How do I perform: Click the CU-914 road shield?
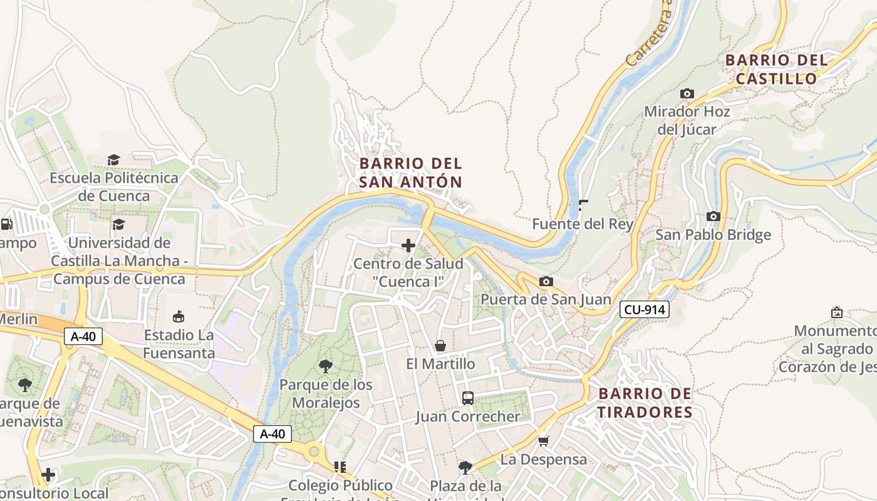pyautogui.click(x=645, y=309)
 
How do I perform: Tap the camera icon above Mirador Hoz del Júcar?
pyautogui.click(x=687, y=93)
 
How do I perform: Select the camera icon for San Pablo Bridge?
pyautogui.click(x=713, y=216)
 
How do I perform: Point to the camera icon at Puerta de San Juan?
pyautogui.click(x=546, y=281)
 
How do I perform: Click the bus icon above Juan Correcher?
pyautogui.click(x=467, y=398)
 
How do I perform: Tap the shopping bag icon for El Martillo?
pyautogui.click(x=440, y=346)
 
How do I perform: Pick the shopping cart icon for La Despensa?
pyautogui.click(x=544, y=441)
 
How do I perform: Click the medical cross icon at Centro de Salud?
pyautogui.click(x=408, y=245)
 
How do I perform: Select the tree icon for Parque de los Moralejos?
pyautogui.click(x=325, y=366)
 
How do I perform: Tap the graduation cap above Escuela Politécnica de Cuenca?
pyautogui.click(x=113, y=160)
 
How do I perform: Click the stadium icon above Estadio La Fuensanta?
pyautogui.click(x=179, y=316)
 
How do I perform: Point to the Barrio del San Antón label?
pyautogui.click(x=411, y=173)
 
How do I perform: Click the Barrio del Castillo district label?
pyautogui.click(x=776, y=70)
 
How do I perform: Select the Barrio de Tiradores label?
pyautogui.click(x=645, y=403)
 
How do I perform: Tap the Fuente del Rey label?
pyautogui.click(x=583, y=224)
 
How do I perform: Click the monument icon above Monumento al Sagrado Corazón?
pyautogui.click(x=836, y=312)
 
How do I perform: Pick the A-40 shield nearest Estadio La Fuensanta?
pyautogui.click(x=83, y=336)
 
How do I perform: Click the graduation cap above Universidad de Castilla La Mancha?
pyautogui.click(x=118, y=224)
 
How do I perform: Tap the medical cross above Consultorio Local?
pyautogui.click(x=48, y=475)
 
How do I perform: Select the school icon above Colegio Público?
pyautogui.click(x=340, y=467)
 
